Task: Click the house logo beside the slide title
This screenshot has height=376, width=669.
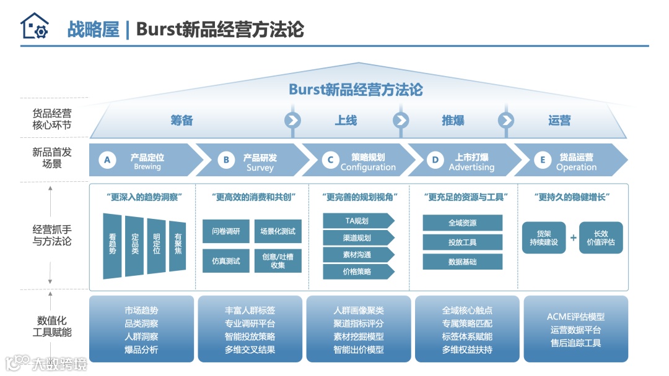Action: click(34, 27)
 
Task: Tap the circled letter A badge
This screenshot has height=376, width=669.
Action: click(107, 160)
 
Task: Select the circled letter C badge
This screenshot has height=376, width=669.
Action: click(331, 160)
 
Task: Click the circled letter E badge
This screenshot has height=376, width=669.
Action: click(543, 160)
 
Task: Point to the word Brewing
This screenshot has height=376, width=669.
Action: click(147, 167)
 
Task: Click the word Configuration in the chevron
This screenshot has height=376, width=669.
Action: click(368, 167)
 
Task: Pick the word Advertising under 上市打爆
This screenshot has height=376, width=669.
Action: click(471, 167)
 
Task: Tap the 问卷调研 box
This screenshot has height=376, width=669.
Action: click(225, 231)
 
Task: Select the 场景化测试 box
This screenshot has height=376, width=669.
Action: click(278, 231)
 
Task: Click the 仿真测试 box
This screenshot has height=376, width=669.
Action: click(225, 260)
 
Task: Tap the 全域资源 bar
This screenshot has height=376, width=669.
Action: click(462, 223)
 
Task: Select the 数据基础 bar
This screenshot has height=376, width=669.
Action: click(462, 262)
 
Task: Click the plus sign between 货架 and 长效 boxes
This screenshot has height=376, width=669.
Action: click(573, 238)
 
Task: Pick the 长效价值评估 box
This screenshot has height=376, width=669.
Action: click(600, 238)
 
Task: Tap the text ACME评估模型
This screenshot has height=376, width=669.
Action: click(575, 317)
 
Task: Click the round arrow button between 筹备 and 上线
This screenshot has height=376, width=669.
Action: click(292, 119)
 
